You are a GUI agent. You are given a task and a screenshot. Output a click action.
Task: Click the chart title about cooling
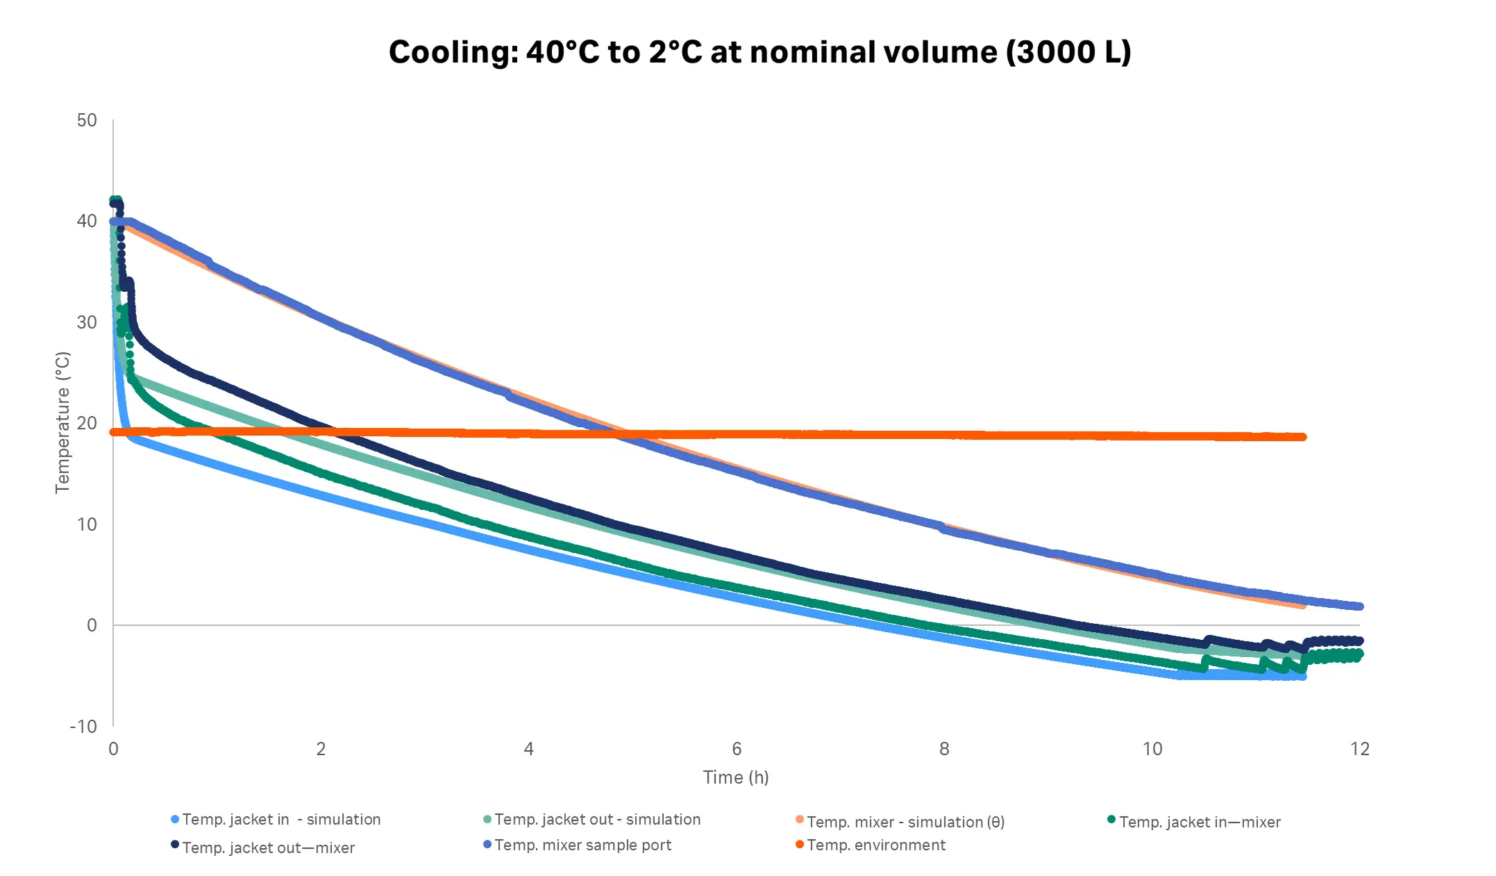[x=759, y=53]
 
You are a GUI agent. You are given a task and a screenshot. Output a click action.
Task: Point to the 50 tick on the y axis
[x=87, y=120]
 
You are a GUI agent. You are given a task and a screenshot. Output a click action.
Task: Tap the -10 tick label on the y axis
[x=83, y=727]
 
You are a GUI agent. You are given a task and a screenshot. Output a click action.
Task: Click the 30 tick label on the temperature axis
[x=87, y=322]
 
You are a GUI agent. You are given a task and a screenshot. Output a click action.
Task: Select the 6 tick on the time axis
[x=737, y=749]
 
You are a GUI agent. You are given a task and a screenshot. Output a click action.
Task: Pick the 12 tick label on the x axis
[x=1359, y=749]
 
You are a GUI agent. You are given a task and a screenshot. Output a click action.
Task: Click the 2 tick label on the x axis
[x=321, y=749]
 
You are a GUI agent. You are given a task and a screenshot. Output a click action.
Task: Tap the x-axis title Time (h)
[x=736, y=777]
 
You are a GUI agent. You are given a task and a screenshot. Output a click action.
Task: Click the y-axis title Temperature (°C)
[x=62, y=422]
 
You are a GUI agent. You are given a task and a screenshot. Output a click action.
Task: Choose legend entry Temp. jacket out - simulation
[x=597, y=820]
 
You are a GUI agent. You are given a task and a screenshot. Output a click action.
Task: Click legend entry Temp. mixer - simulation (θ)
[x=905, y=823]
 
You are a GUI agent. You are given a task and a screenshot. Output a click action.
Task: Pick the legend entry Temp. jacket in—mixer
[x=1200, y=823]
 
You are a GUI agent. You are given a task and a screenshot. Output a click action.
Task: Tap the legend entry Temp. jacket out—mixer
[x=268, y=848]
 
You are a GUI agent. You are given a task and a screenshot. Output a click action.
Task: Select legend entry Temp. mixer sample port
[x=582, y=845]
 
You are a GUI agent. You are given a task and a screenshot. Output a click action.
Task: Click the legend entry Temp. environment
[x=876, y=845]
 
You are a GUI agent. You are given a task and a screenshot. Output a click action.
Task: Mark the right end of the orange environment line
[x=1302, y=437]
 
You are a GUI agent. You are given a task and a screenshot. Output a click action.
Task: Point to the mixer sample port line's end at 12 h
[x=1359, y=606]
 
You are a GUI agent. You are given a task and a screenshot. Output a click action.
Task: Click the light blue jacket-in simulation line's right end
[x=1302, y=676]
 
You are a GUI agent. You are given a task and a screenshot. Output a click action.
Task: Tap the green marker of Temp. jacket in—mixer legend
[x=1111, y=820]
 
